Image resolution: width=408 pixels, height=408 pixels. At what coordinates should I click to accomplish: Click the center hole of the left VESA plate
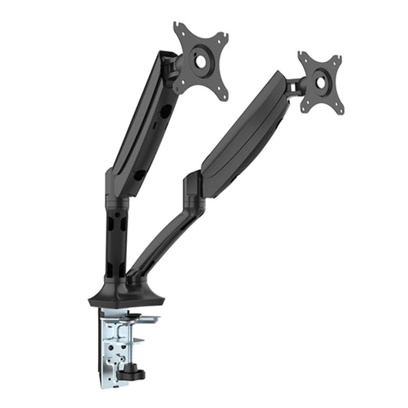point(201,60)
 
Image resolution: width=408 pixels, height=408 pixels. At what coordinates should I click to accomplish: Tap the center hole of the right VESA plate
point(320,83)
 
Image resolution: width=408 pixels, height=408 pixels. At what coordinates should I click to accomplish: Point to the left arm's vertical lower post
point(114,237)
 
